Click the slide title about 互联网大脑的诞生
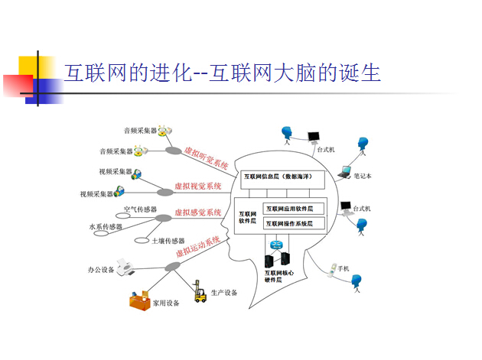tap(222, 74)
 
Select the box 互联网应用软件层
tap(294, 208)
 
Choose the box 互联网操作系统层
tap(294, 223)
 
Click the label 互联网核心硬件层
tap(278, 276)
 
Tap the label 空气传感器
tap(139, 209)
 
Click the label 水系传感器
tap(106, 227)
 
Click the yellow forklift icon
tap(200, 293)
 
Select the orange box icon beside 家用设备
tap(140, 300)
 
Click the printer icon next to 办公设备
tap(130, 267)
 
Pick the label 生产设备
tap(224, 293)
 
